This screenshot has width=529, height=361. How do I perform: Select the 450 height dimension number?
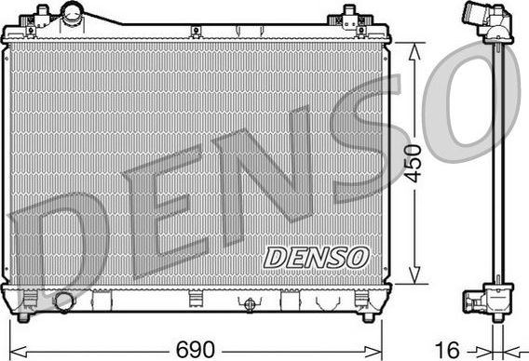(x=411, y=163)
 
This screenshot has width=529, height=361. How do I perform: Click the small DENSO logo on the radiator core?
(x=317, y=255)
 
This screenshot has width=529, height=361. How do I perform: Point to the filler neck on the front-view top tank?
(x=73, y=13)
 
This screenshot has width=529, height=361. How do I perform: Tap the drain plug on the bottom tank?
(x=249, y=303)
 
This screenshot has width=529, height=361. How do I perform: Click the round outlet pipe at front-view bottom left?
(x=64, y=302)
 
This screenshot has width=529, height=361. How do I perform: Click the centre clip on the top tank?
(x=197, y=33)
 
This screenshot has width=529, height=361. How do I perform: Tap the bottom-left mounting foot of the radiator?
(x=28, y=300)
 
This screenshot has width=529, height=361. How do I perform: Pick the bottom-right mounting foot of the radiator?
(x=364, y=300)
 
